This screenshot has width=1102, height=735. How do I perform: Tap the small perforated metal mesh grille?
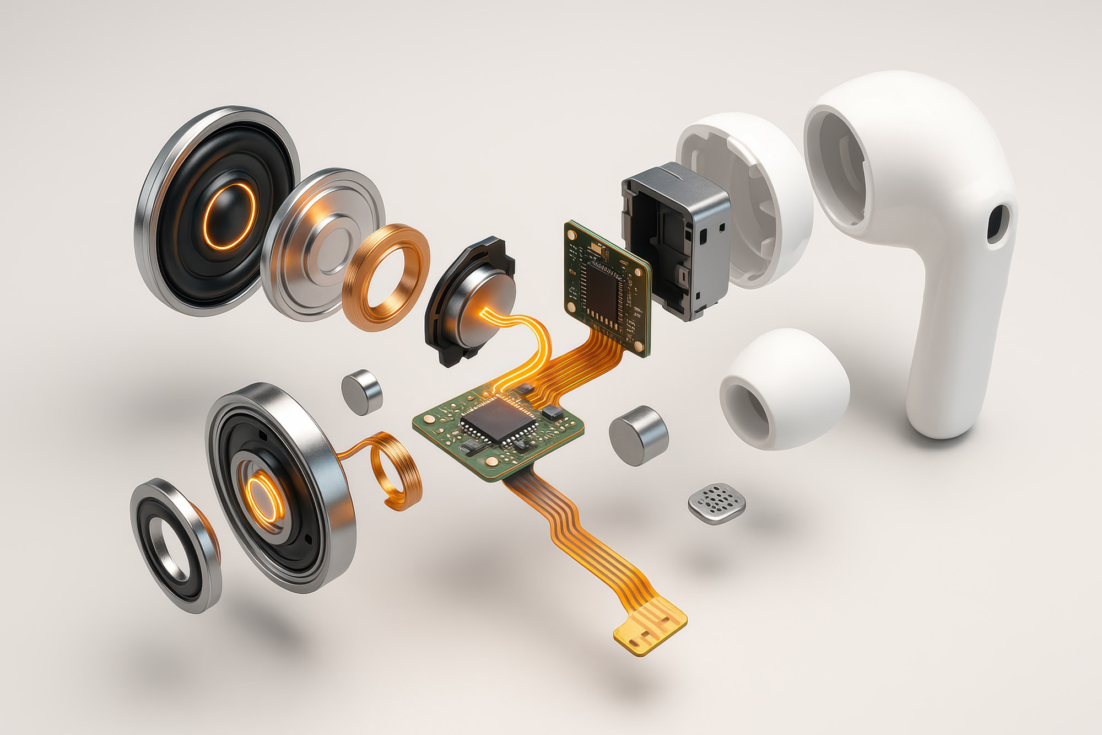click(717, 503)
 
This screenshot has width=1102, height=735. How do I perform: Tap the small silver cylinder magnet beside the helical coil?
click(361, 391)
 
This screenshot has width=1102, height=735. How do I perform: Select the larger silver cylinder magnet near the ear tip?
click(638, 436)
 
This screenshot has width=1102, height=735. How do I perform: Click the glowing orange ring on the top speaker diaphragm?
click(230, 216)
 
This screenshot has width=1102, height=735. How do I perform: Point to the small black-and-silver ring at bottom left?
click(175, 546)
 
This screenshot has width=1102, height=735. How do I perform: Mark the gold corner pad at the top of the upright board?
click(573, 229)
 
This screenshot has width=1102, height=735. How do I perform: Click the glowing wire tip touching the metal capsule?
click(484, 312)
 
